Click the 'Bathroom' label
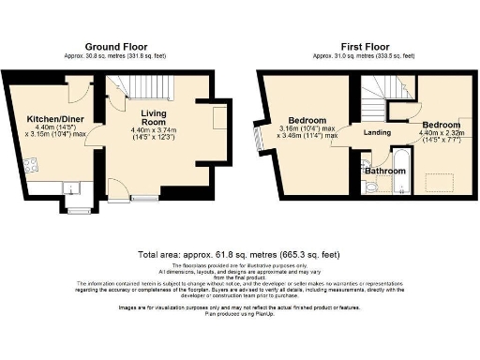(x=384, y=172)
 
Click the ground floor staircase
(x=141, y=92)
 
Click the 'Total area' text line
(x=239, y=253)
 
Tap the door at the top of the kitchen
(x=82, y=90)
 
